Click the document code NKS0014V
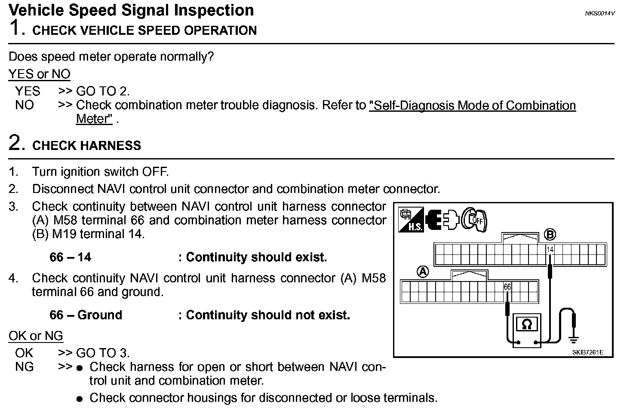point(599,13)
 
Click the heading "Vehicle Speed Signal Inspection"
point(131,10)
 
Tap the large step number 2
point(15,143)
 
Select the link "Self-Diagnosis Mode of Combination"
point(472,105)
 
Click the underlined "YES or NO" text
point(40,74)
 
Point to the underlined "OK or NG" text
point(36,336)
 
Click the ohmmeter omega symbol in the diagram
point(526,324)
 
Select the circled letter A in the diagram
point(423,272)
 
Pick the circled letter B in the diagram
point(550,235)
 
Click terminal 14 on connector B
point(550,249)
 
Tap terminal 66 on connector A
point(507,287)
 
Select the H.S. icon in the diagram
point(411,220)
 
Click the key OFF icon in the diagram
point(474,220)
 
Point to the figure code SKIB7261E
point(587,352)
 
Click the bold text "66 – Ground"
point(86,315)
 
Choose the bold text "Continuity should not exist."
point(267,315)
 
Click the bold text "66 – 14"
point(71,257)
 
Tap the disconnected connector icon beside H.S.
point(442,220)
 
